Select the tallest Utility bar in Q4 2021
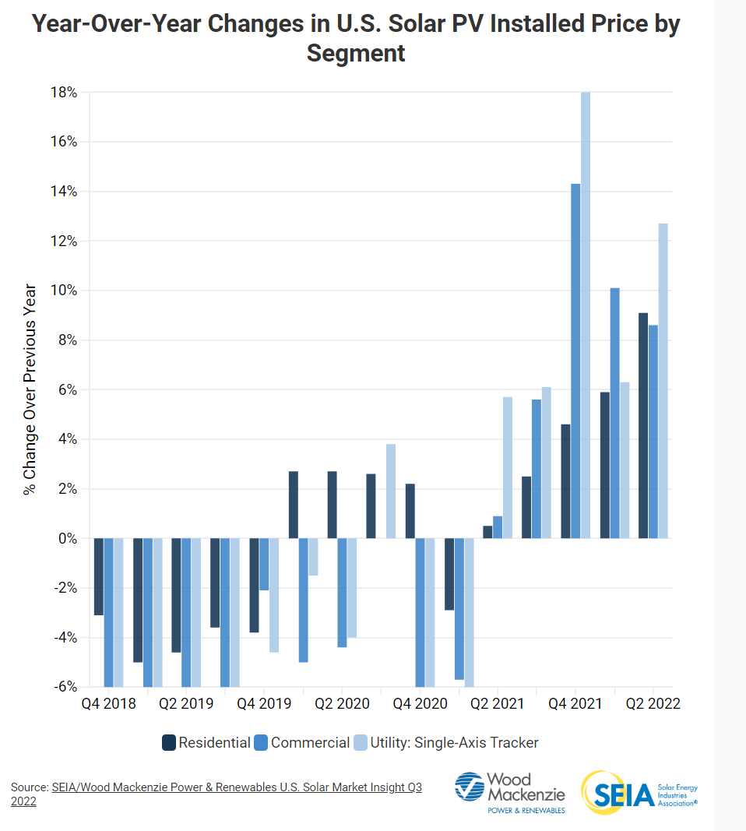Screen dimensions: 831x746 pyautogui.click(x=586, y=315)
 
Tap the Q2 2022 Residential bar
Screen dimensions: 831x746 pyautogui.click(x=643, y=425)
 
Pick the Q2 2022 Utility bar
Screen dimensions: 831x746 pyautogui.click(x=663, y=381)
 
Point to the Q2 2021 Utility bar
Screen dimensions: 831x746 pyautogui.click(x=508, y=467)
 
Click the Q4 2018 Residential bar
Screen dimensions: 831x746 pyautogui.click(x=99, y=576)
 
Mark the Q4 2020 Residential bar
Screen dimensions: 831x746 pyautogui.click(x=410, y=511)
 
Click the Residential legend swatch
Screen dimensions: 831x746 pyautogui.click(x=169, y=743)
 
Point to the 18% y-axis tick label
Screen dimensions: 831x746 pyautogui.click(x=65, y=93)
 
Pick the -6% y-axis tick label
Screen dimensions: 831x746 pyautogui.click(x=65, y=688)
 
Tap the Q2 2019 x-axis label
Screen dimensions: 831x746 pyautogui.click(x=186, y=704)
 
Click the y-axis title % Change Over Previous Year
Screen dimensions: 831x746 pyautogui.click(x=30, y=389)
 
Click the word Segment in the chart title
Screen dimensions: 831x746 pyautogui.click(x=356, y=53)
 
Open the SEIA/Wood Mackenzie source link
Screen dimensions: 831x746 pyautogui.click(x=236, y=787)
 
